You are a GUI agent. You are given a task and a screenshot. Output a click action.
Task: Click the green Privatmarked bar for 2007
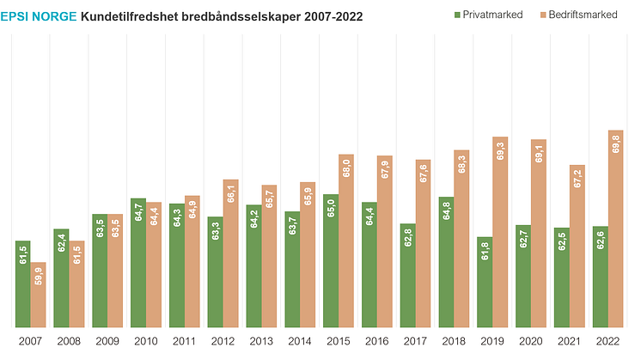click(x=22, y=284)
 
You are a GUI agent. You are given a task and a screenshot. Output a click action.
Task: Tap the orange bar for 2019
click(x=500, y=232)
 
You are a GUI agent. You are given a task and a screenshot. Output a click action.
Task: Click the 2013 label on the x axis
click(x=261, y=341)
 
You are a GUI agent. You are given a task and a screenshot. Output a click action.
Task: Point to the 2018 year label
click(x=454, y=341)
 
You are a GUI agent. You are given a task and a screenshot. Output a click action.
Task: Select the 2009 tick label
click(x=107, y=341)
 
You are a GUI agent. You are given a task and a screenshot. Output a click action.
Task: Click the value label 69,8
click(x=615, y=143)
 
